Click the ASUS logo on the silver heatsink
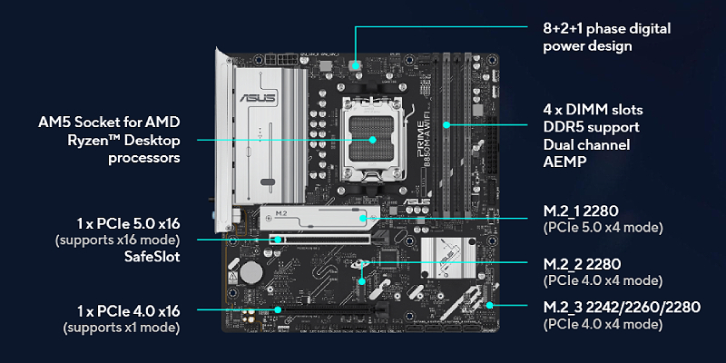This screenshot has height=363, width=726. [x=258, y=98]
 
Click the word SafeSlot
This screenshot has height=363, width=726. [x=152, y=257]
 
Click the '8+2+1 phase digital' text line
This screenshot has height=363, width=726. [x=606, y=29]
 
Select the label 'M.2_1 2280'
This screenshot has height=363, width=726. [x=581, y=211]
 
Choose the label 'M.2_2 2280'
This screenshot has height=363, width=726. [x=582, y=265]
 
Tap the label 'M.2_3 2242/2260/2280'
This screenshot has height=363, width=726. [x=622, y=307]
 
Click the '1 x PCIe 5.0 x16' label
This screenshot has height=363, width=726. [x=128, y=224]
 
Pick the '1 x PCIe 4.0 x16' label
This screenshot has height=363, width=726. [x=128, y=311]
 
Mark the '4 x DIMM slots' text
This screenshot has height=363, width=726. [x=594, y=110]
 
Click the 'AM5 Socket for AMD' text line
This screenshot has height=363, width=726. [x=109, y=123]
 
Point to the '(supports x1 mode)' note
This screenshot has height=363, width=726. [x=122, y=328]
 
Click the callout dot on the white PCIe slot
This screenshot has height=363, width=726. [x=278, y=240]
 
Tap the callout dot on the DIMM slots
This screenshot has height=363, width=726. [x=446, y=124]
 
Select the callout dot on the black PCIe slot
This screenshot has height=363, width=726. [x=278, y=309]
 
